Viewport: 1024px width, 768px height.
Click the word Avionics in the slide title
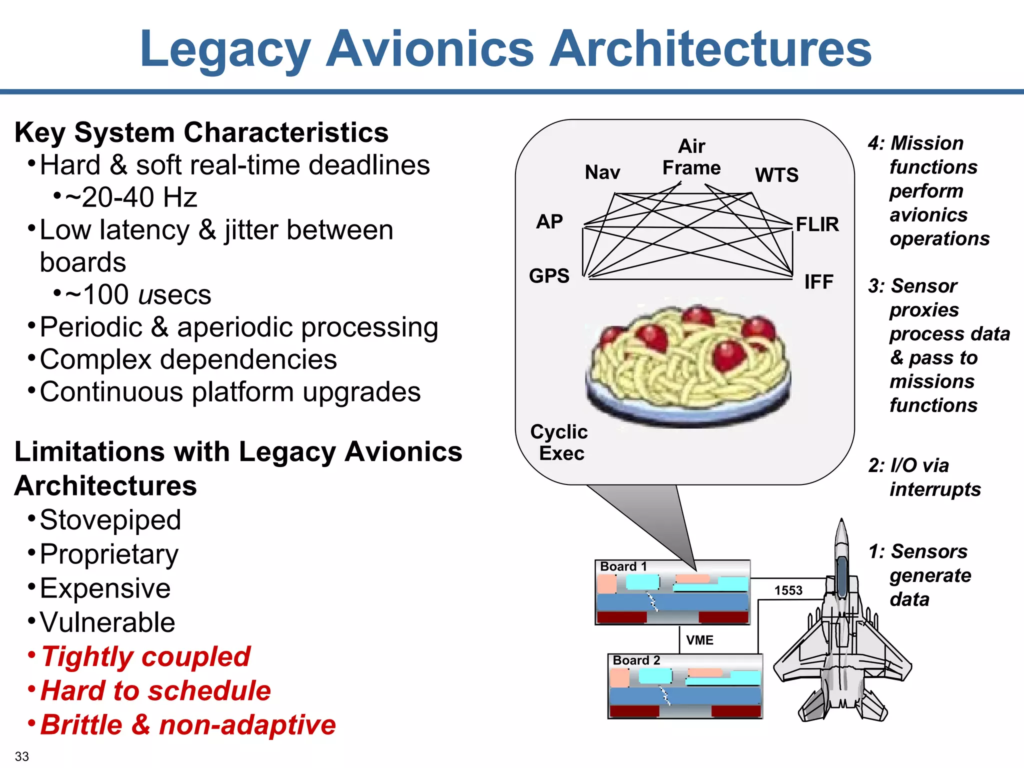point(430,48)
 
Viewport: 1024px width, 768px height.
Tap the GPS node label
point(549,275)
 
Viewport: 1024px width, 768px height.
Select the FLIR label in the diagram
point(817,224)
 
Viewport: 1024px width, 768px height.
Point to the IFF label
point(818,282)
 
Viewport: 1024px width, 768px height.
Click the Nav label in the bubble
point(602,172)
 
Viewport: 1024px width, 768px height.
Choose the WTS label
point(776,175)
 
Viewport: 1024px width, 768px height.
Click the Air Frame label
point(691,157)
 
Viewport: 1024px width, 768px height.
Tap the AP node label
point(549,221)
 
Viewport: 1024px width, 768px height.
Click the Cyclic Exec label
point(559,442)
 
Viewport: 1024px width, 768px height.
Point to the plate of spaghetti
point(689,365)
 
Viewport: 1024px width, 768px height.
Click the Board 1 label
point(623,566)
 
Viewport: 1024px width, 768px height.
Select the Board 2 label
point(636,660)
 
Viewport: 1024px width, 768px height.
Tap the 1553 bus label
point(788,590)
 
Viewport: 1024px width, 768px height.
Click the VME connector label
point(699,640)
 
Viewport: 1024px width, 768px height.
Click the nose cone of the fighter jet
point(841,530)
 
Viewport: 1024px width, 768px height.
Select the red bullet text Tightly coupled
point(145,656)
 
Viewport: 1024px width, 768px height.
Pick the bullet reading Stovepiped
point(110,520)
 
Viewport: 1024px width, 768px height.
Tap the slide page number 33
point(22,756)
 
